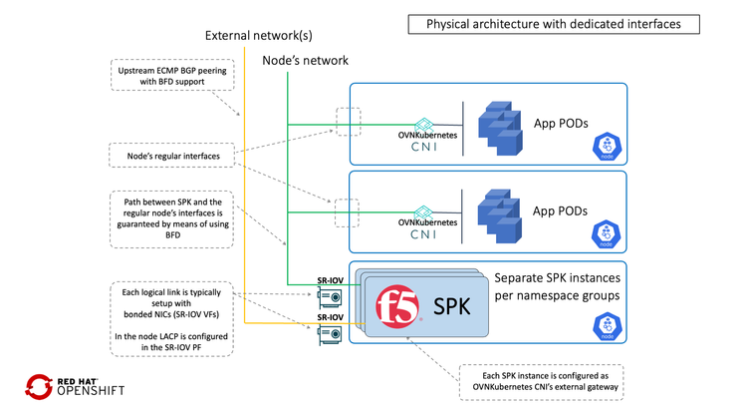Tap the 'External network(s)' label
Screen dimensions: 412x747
tap(258, 36)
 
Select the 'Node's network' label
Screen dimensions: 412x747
tap(305, 61)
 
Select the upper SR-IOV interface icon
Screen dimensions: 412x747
tap(330, 296)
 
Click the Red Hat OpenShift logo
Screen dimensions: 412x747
tap(75, 386)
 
